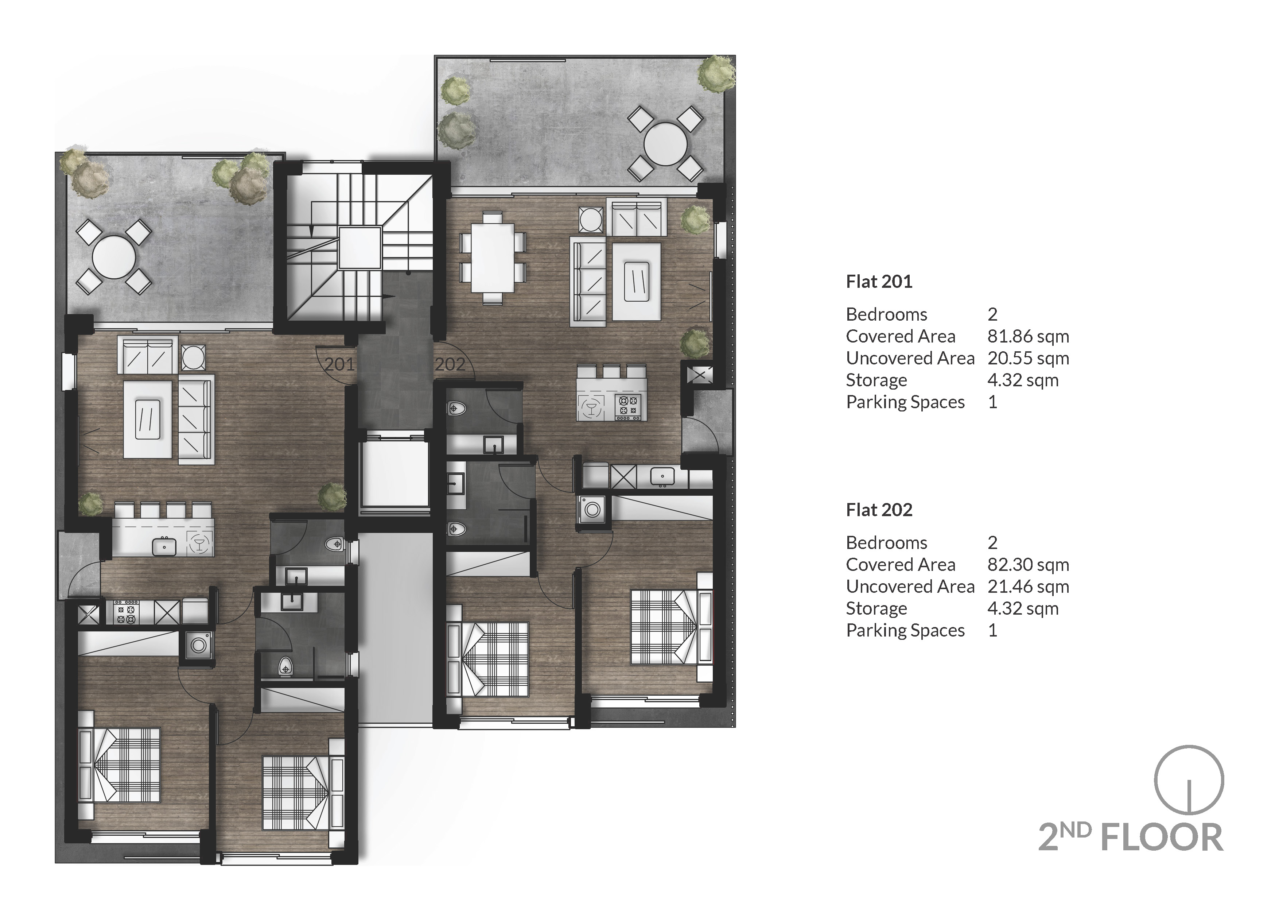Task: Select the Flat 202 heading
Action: pyautogui.click(x=879, y=510)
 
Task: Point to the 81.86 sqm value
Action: pyautogui.click(x=1028, y=337)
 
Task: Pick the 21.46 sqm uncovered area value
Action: pyautogui.click(x=1028, y=587)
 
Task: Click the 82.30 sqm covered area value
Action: pyautogui.click(x=1028, y=565)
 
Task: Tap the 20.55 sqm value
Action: pyautogui.click(x=1028, y=358)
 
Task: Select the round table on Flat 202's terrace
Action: pyautogui.click(x=665, y=144)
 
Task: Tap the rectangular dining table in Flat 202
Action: pyautogui.click(x=493, y=258)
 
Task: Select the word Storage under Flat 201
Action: pyautogui.click(x=876, y=380)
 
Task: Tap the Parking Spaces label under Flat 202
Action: pyautogui.click(x=905, y=630)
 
